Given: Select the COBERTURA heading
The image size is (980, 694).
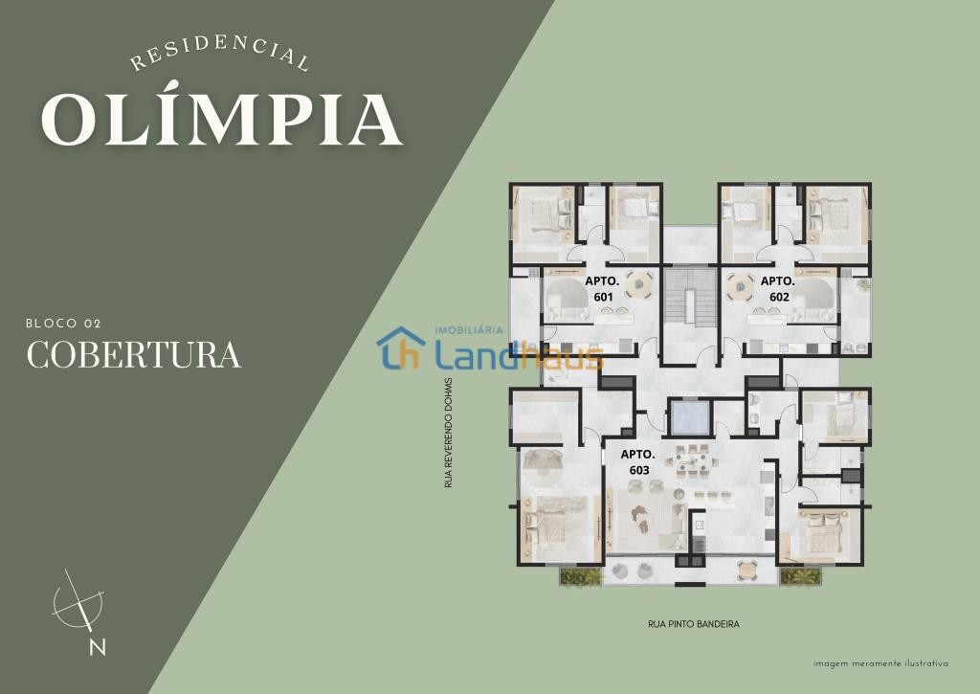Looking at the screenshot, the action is (x=134, y=355).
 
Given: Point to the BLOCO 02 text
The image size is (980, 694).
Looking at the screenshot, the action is (x=63, y=324).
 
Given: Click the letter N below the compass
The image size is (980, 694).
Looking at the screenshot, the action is (x=98, y=647).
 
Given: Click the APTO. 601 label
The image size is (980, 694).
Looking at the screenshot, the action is (x=603, y=289).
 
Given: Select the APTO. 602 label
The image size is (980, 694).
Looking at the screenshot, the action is (x=778, y=289).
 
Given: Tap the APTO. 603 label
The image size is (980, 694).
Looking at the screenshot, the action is (x=638, y=462).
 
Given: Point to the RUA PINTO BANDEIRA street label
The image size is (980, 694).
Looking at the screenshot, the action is (x=694, y=624).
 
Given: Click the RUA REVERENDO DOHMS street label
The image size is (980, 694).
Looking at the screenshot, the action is (x=448, y=433).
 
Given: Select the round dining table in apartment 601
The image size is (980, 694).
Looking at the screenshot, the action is (x=638, y=285).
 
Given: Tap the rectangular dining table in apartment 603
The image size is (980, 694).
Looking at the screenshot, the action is (x=691, y=463).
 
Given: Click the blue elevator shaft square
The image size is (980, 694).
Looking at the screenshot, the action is (x=689, y=417).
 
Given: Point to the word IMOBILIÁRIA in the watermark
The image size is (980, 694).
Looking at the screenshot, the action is (x=469, y=329).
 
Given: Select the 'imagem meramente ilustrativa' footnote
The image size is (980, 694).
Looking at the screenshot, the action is (x=880, y=663).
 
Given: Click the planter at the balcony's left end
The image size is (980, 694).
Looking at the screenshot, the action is (x=581, y=576).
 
